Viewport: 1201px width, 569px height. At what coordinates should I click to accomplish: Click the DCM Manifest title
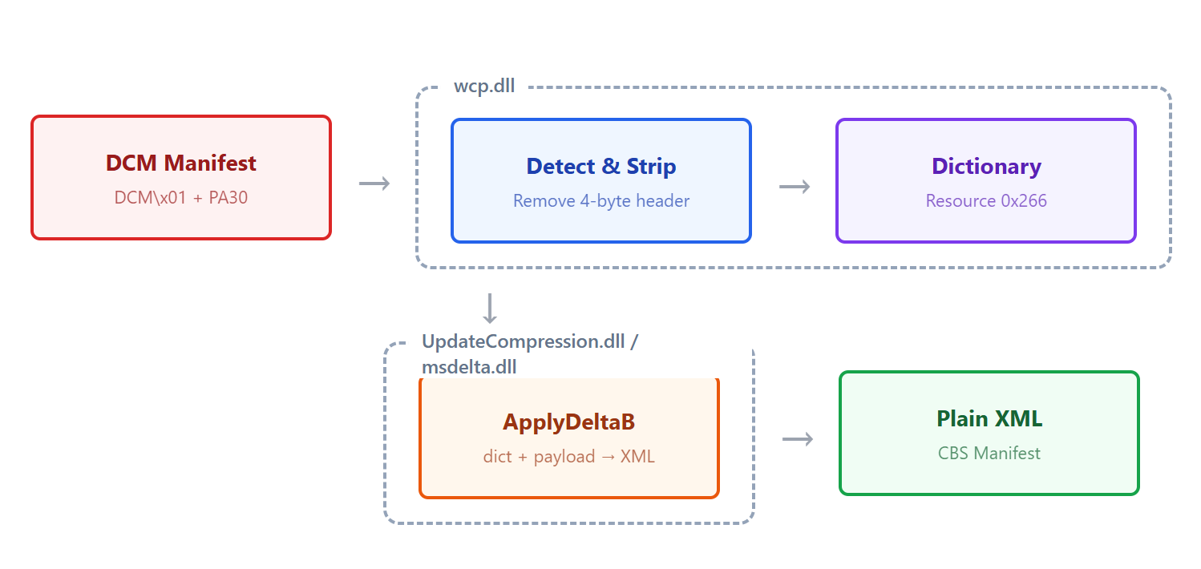pos(180,163)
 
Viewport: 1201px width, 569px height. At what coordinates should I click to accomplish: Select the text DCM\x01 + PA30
pos(180,198)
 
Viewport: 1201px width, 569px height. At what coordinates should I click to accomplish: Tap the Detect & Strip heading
pos(601,166)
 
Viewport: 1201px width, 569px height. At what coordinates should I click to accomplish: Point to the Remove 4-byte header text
pos(601,201)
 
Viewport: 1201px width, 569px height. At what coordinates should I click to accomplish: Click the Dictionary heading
pos(986,166)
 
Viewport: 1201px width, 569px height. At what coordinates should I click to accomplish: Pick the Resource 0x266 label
pos(986,201)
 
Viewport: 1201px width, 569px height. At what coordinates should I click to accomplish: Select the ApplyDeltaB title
pos(569,422)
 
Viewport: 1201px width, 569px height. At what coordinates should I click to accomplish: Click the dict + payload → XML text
pos(569,457)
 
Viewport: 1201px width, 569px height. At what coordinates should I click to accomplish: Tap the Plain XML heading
pos(989,418)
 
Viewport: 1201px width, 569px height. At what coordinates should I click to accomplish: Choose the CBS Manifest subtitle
pos(989,454)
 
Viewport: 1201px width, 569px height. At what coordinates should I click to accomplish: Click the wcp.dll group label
pos(484,86)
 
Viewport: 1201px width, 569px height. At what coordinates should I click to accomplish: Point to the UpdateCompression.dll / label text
pos(530,341)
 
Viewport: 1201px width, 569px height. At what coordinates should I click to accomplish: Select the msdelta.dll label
pos(469,367)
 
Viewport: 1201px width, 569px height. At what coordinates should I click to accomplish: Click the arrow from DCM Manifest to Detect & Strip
pos(374,184)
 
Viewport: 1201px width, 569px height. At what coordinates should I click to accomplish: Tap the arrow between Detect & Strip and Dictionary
pos(795,187)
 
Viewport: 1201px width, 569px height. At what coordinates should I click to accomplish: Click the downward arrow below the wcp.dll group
pos(490,309)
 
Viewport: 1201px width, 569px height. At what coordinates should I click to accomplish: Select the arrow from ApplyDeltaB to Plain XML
pos(798,439)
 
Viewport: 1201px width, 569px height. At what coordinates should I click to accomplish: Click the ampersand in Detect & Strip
pos(611,166)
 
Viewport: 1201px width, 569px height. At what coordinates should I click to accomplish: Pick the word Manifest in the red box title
pos(210,163)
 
